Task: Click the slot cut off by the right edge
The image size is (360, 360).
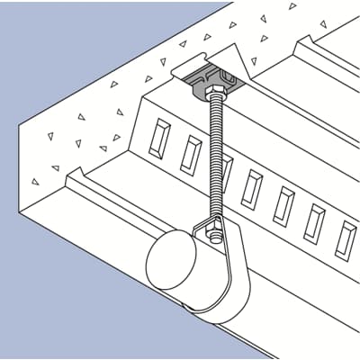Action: pos(346,238)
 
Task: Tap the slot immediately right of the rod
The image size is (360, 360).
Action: pos(253,188)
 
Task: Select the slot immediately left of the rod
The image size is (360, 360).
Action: pos(191,156)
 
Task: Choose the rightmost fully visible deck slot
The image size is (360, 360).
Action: pos(315,221)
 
